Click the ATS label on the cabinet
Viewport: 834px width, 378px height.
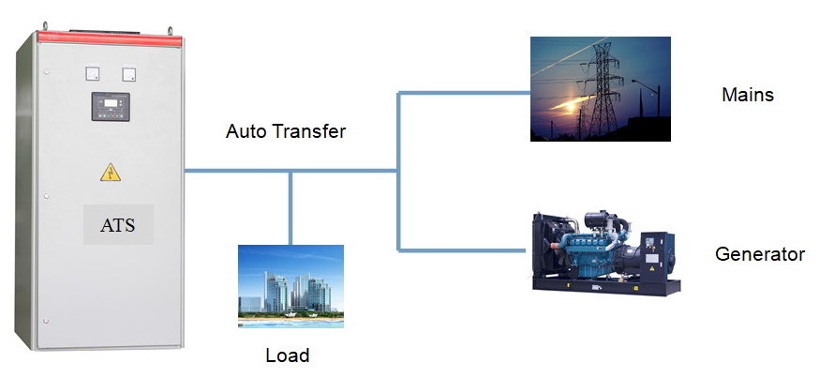[117, 225]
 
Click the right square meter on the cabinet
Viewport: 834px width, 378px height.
[128, 72]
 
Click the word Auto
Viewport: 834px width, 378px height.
[246, 131]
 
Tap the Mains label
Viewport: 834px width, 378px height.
[747, 95]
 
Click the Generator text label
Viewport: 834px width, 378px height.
[760, 254]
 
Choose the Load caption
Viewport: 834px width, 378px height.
[288, 355]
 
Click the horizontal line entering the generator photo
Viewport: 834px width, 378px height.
[464, 249]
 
